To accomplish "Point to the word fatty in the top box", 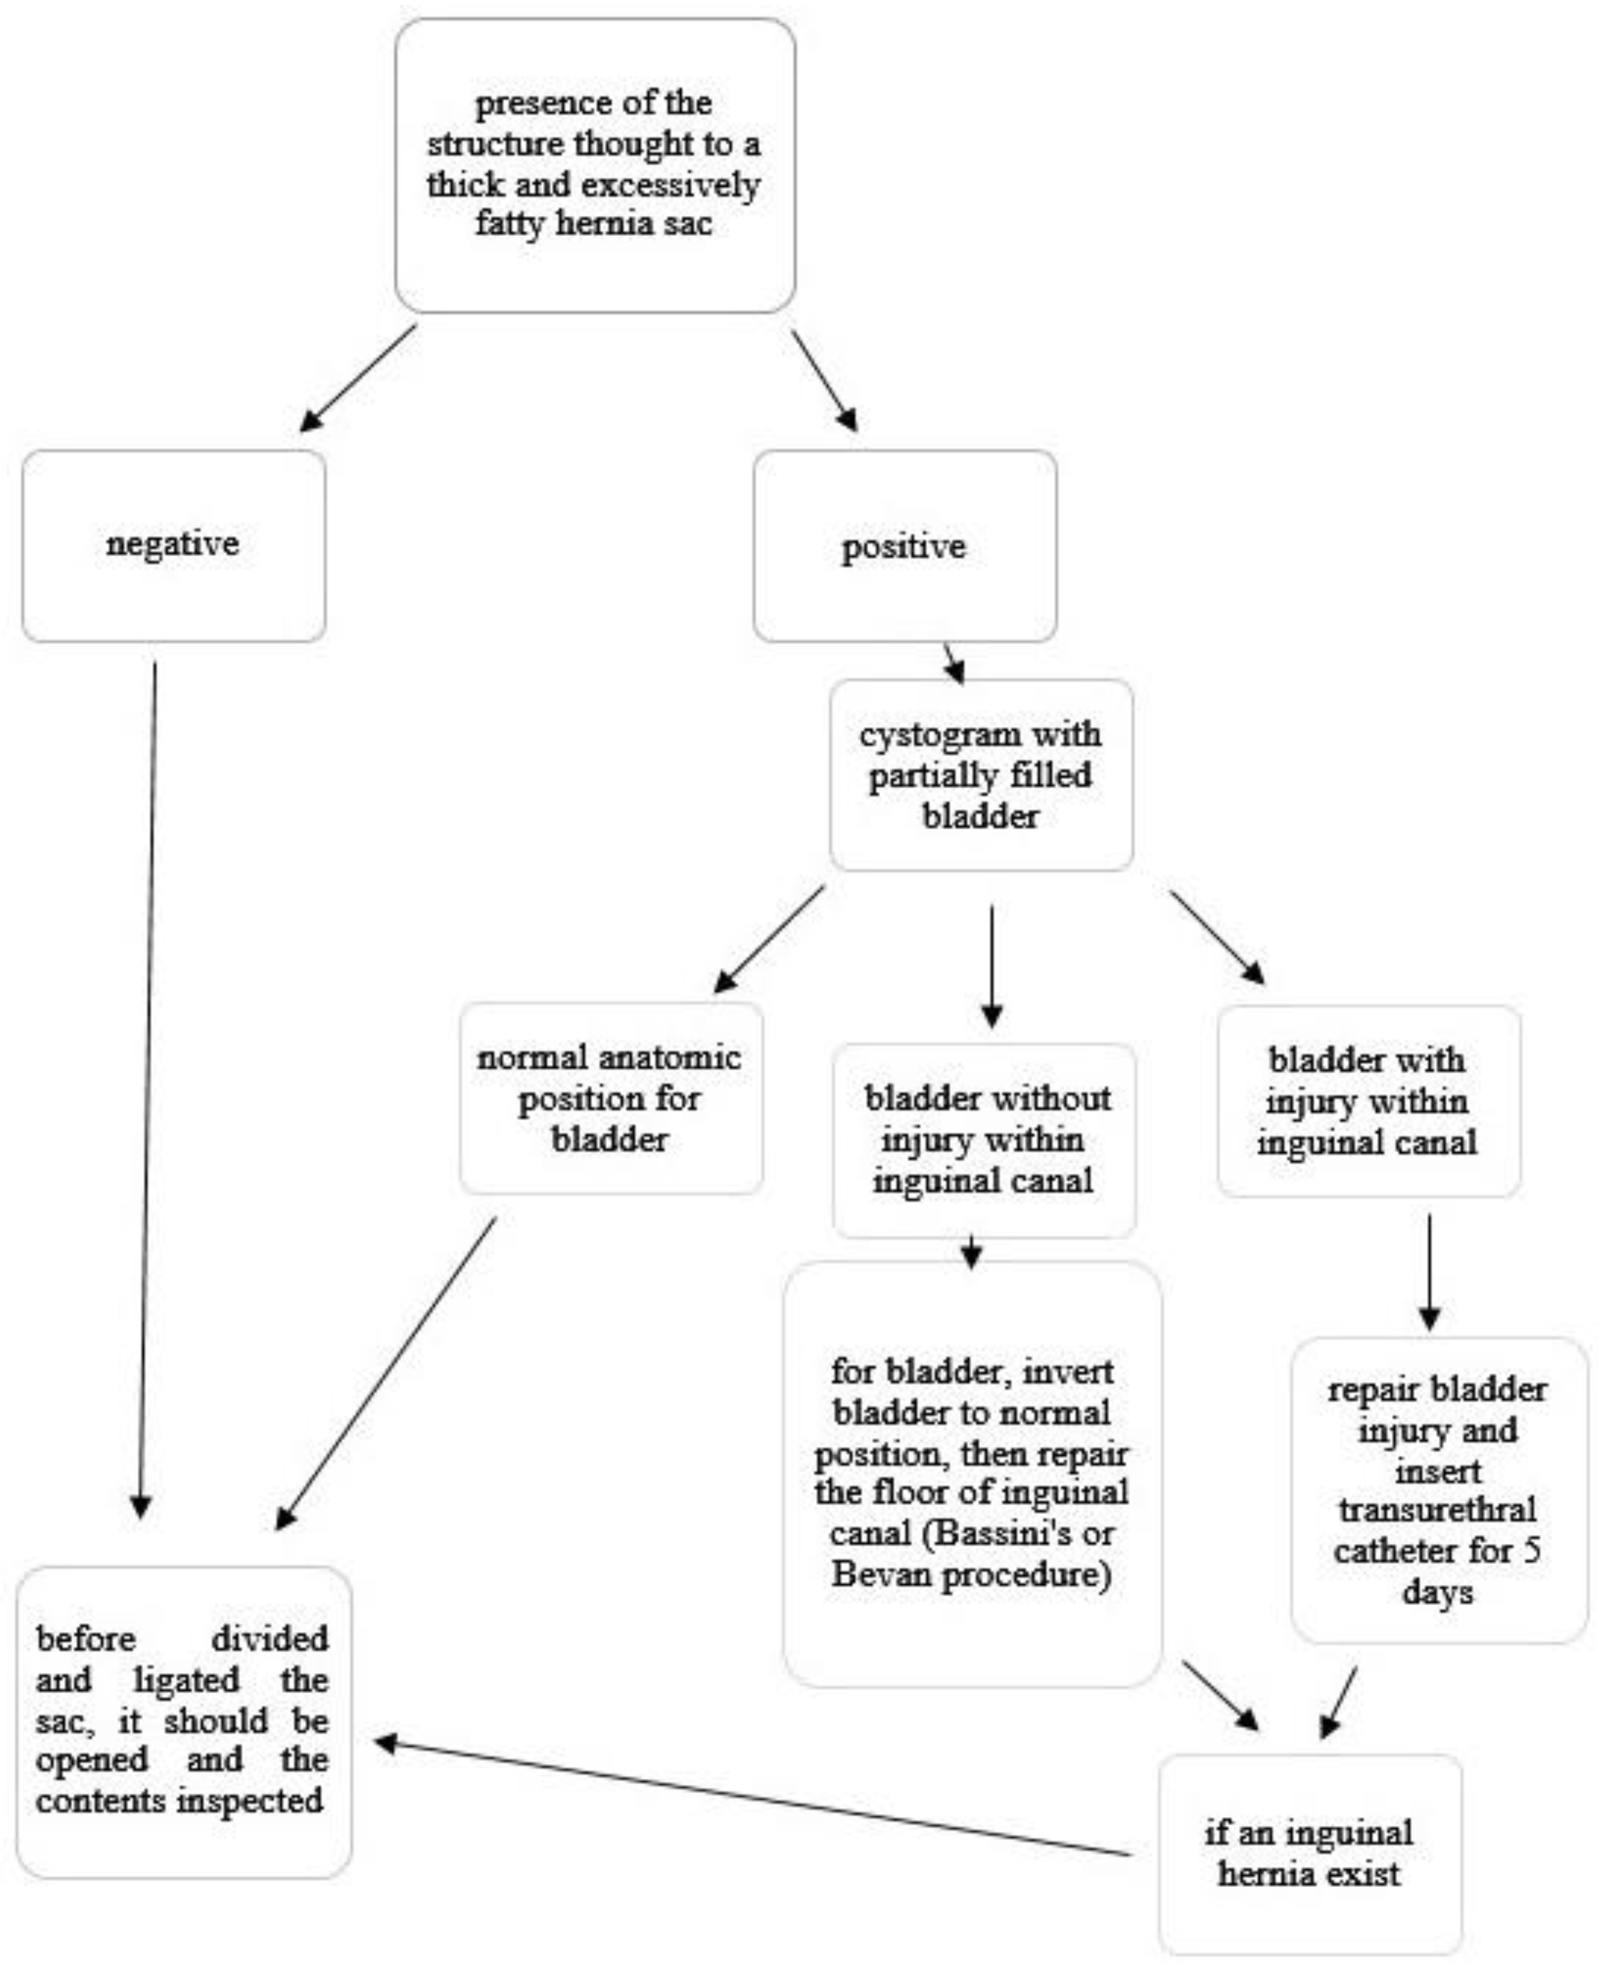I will pos(508,223).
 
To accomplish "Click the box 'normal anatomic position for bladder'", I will pos(610,1098).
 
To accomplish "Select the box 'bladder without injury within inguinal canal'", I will pos(984,1140).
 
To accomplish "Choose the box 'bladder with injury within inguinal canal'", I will pos(1368,1101).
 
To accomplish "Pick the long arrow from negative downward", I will pos(147,1090).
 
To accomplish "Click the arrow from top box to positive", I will pos(824,381).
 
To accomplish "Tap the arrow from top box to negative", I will pos(358,378).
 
